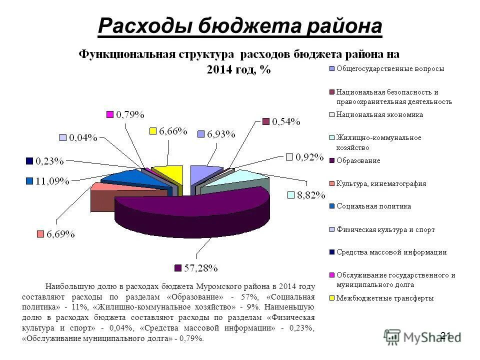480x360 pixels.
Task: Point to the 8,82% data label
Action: coord(311,195)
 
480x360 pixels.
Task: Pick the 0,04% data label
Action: coord(83,137)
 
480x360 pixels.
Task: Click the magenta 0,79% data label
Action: coord(130,115)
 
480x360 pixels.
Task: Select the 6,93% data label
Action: coord(221,134)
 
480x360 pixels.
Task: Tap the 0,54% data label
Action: coord(285,121)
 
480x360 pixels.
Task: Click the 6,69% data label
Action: coord(61,234)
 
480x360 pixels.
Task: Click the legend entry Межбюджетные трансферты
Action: coord(384,298)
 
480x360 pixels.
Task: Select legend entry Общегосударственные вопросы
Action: coord(389,68)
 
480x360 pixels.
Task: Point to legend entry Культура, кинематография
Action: coord(381,183)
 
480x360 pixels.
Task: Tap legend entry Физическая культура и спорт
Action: coord(385,229)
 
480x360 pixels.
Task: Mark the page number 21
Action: coord(446,335)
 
